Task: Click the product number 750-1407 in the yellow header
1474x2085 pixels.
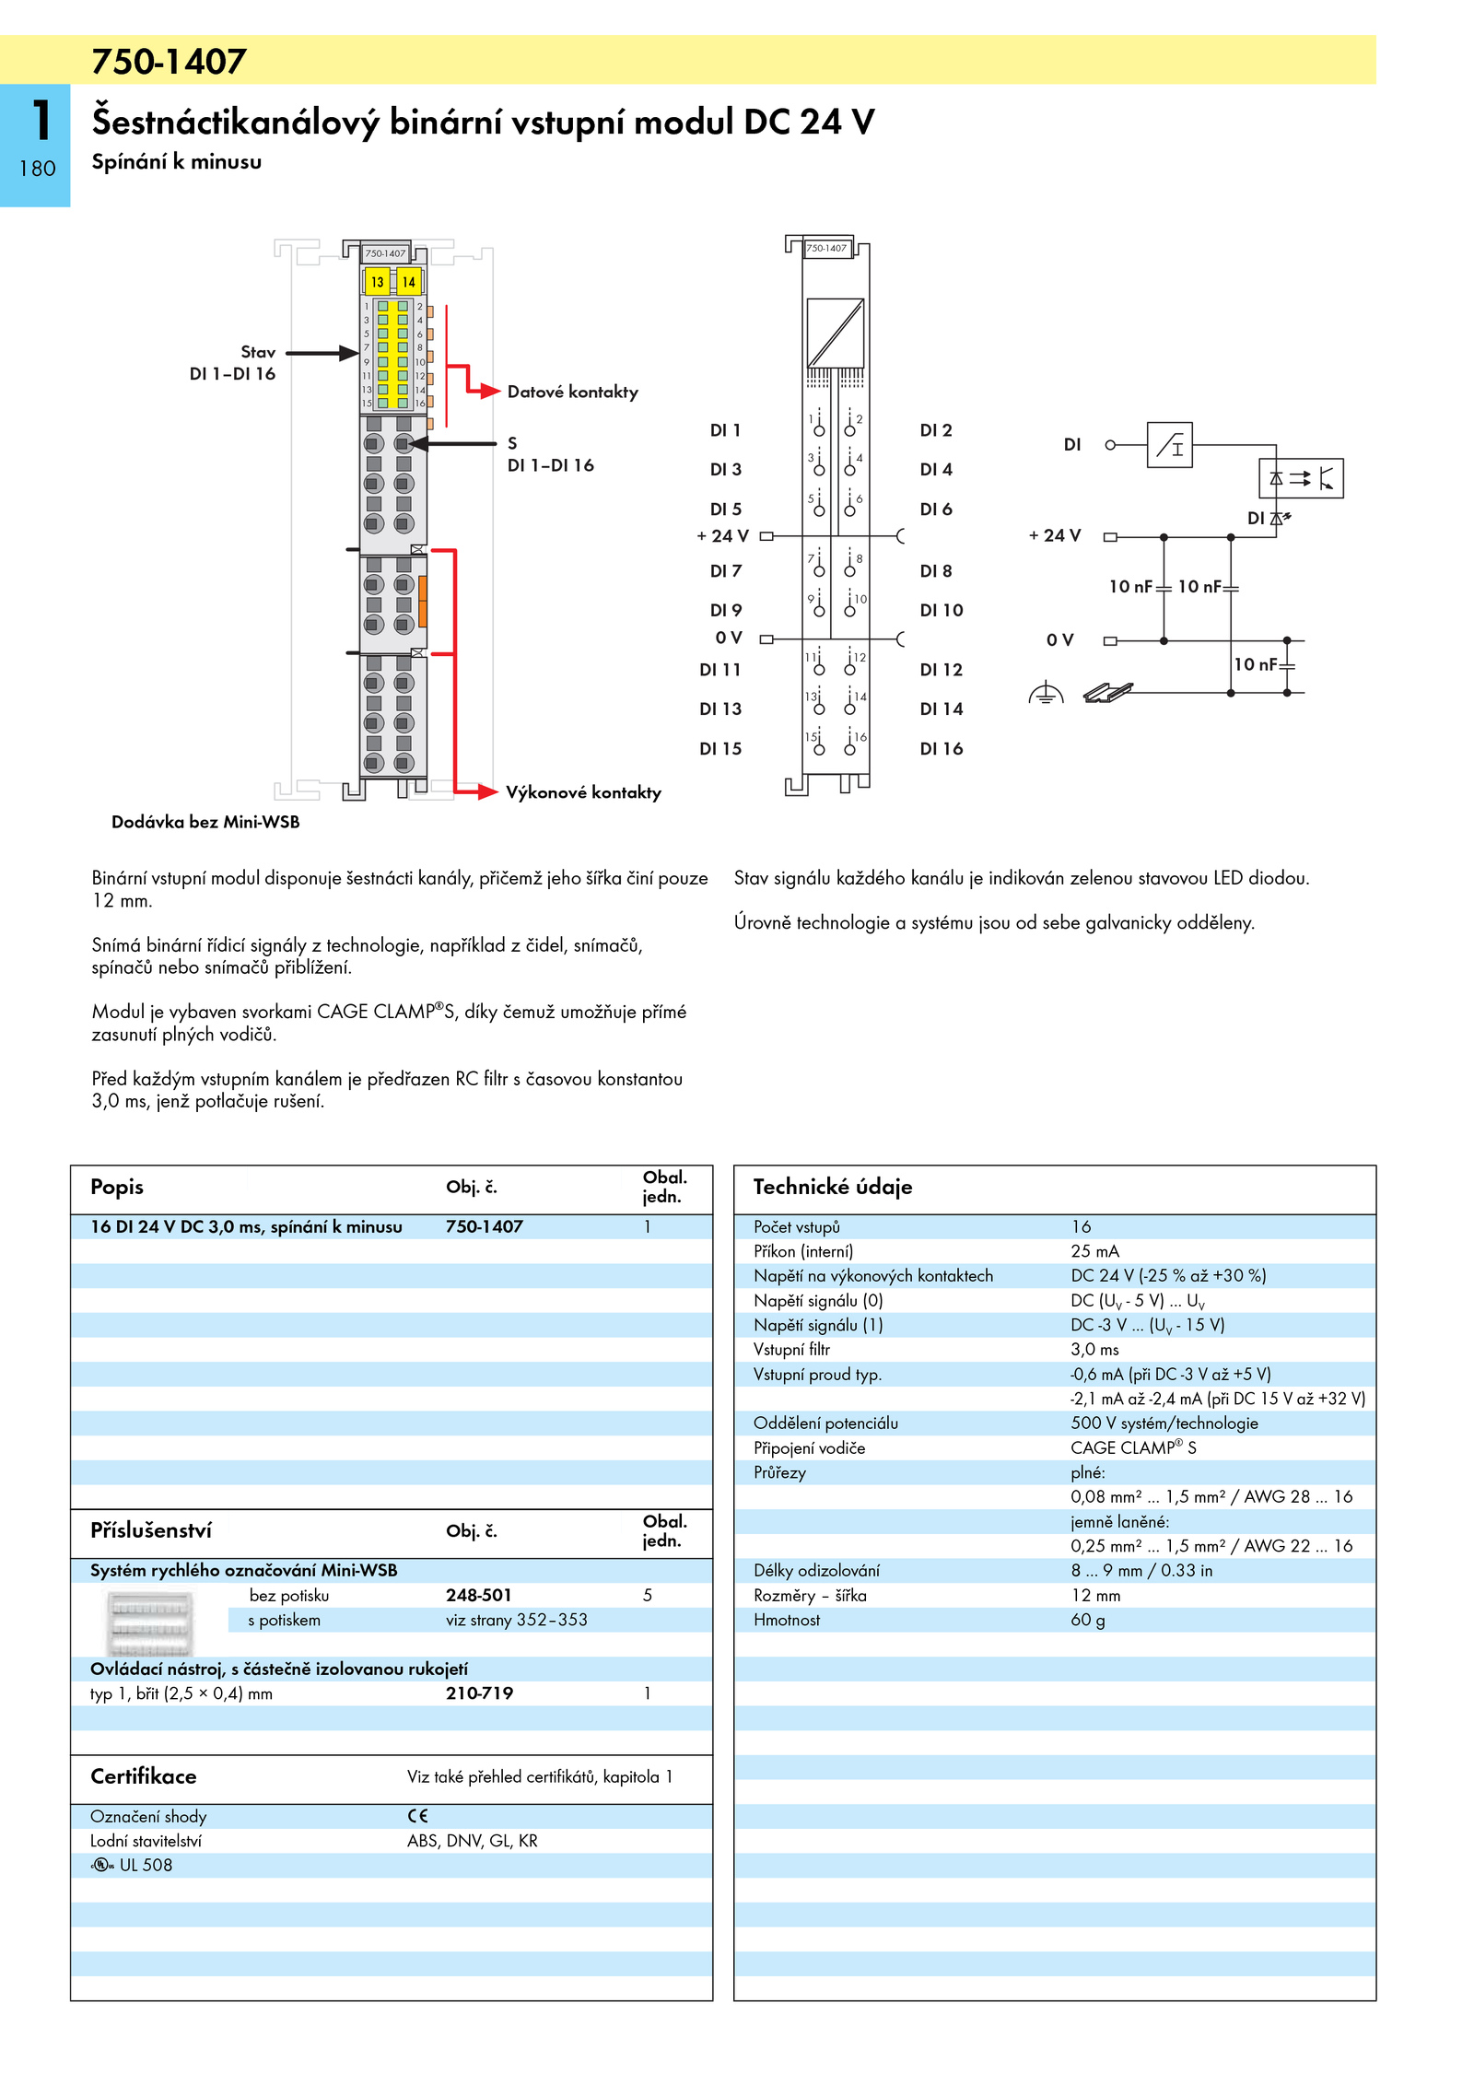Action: tap(169, 62)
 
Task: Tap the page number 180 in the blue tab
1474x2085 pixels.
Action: tap(37, 169)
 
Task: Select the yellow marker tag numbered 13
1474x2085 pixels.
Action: tap(378, 282)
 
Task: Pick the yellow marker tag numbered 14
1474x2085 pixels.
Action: tap(408, 282)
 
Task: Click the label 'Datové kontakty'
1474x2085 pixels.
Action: tap(572, 392)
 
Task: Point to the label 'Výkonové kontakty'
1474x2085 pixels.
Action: tap(583, 792)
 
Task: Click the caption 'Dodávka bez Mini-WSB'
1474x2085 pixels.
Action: tap(205, 822)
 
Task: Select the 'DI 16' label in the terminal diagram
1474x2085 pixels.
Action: tap(941, 749)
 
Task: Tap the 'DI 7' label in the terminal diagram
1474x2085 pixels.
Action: tap(725, 571)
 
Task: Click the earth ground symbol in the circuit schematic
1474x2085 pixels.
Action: tap(1046, 693)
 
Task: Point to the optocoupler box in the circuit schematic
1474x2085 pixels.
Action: tap(1301, 478)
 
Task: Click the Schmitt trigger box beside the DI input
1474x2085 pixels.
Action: tap(1169, 446)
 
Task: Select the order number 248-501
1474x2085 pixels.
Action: tap(478, 1595)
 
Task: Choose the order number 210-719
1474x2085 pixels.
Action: tap(479, 1693)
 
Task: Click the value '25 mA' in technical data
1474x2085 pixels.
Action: tap(1094, 1251)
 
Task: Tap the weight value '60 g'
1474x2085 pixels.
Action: tap(1087, 1620)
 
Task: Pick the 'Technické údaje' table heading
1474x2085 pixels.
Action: tap(832, 1187)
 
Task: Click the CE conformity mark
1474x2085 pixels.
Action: tap(417, 1816)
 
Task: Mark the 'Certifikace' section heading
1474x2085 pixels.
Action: tap(143, 1776)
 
